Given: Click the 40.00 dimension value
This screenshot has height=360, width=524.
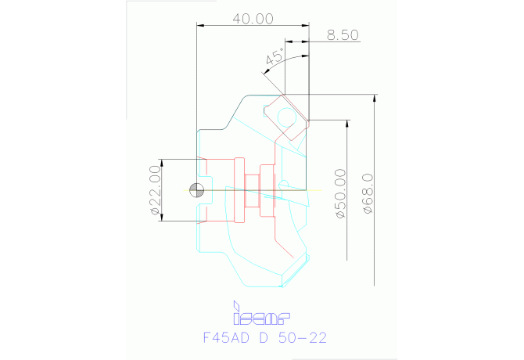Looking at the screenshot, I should pyautogui.click(x=253, y=18).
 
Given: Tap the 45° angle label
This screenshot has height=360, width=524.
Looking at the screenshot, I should pyautogui.click(x=275, y=57).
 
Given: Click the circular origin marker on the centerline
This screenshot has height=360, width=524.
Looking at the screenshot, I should pyautogui.click(x=198, y=189).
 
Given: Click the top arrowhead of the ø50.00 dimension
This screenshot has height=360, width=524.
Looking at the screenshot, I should pyautogui.click(x=347, y=124).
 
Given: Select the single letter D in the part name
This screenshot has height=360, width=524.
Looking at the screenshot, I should pyautogui.click(x=264, y=338).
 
